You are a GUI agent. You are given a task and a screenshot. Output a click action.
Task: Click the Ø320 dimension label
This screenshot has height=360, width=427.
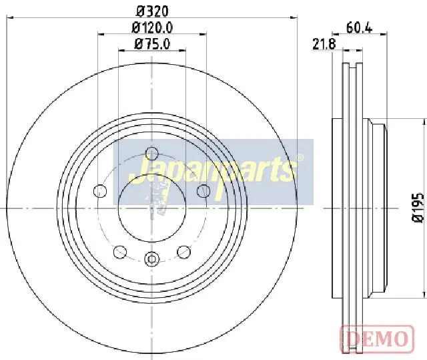point(153,11)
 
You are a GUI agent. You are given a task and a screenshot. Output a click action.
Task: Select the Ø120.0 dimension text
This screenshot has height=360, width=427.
point(152,28)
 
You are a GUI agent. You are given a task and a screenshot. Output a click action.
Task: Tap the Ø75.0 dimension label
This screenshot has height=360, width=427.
point(152,44)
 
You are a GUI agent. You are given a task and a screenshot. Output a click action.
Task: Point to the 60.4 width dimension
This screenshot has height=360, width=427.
point(359,28)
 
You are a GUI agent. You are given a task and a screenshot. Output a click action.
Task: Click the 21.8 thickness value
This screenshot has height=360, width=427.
point(324,44)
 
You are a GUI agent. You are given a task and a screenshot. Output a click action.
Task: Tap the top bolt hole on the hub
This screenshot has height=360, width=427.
point(151,154)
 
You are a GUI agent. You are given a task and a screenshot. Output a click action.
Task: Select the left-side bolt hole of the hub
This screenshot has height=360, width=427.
point(100,191)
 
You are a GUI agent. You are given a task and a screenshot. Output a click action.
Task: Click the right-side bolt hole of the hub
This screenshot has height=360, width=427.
point(203,191)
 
